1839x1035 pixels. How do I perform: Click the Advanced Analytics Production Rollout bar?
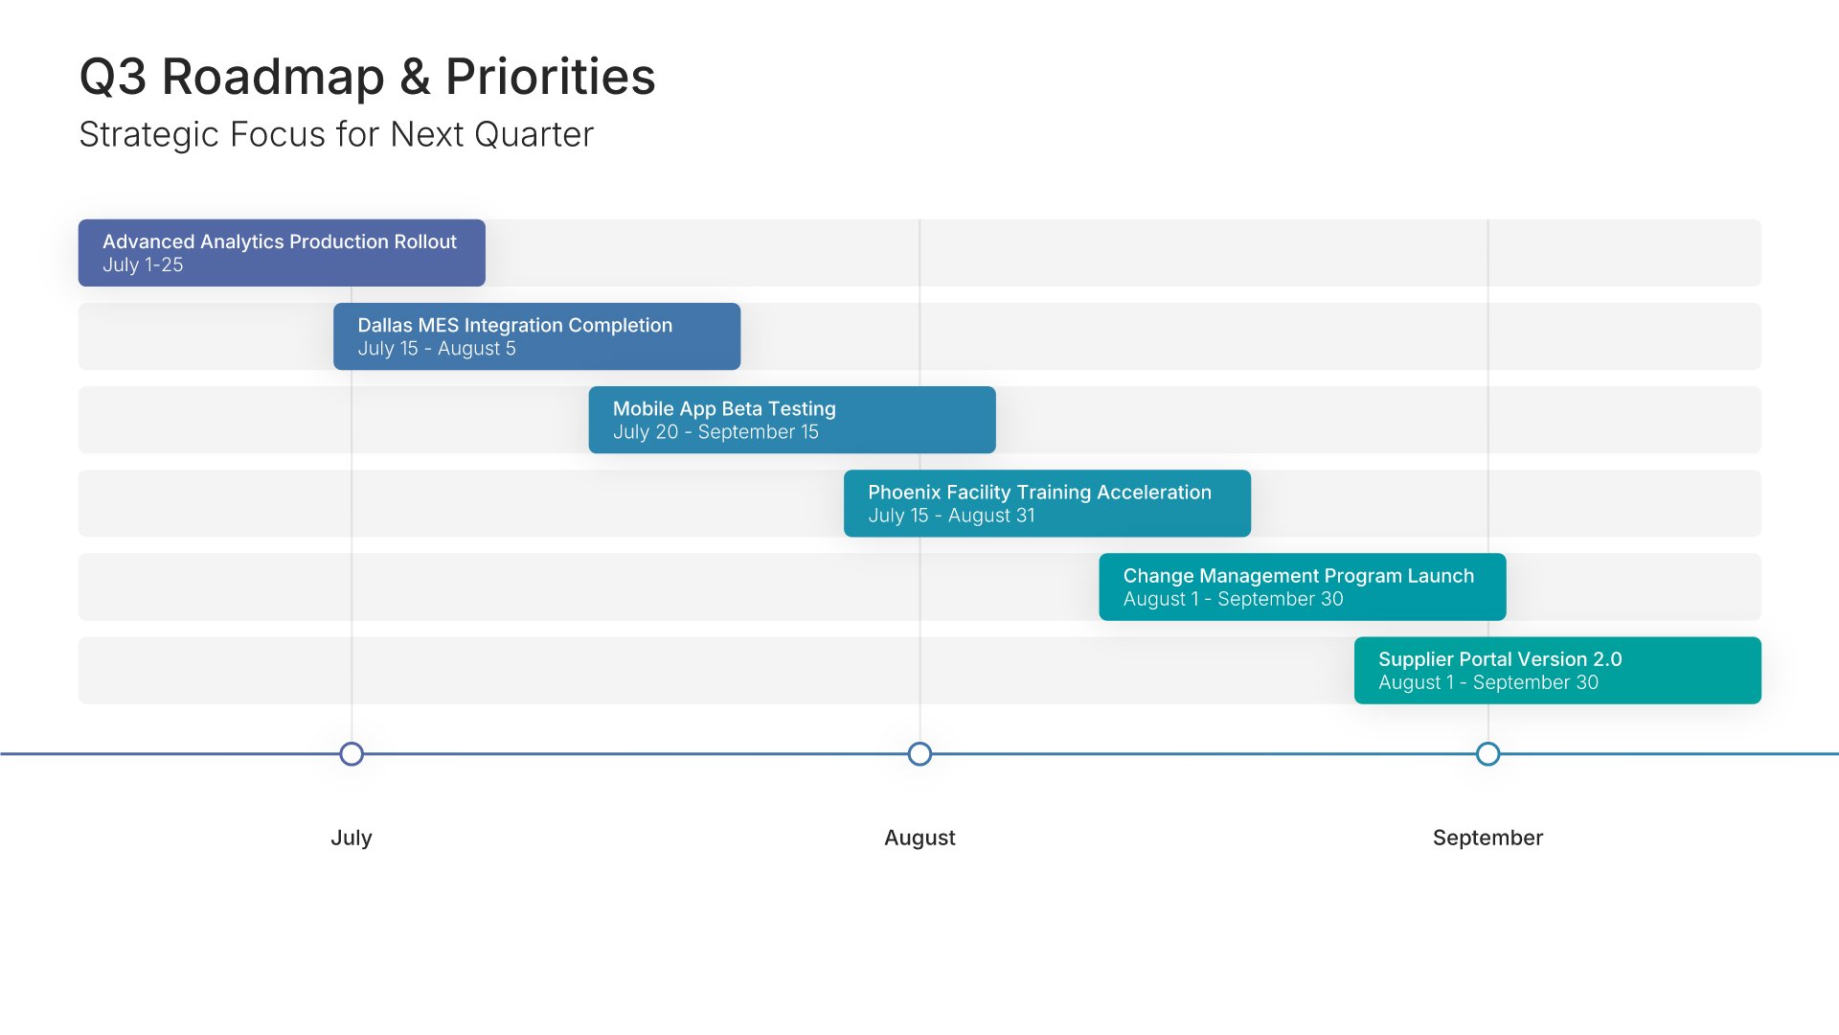[x=282, y=253]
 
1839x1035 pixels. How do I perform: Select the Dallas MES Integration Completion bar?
[x=536, y=336]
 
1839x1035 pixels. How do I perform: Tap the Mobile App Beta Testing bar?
[x=792, y=420]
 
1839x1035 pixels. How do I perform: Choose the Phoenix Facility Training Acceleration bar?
[x=1047, y=503]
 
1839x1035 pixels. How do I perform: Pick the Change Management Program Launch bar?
[x=1303, y=586]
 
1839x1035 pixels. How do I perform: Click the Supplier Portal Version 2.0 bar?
[x=1557, y=670]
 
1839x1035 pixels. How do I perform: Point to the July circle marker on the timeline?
[x=352, y=754]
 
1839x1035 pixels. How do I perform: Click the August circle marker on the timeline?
[x=919, y=754]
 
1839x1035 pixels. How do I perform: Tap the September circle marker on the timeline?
[x=1487, y=754]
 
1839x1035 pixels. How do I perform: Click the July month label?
[x=352, y=838]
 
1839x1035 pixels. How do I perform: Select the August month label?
[x=919, y=838]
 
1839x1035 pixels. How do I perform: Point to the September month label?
[x=1487, y=838]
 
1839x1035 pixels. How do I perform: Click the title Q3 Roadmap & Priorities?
[x=367, y=77]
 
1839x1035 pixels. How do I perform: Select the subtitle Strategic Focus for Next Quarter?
[x=336, y=135]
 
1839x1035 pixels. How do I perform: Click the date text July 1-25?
[x=143, y=265]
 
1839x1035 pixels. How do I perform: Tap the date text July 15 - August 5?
[x=437, y=349]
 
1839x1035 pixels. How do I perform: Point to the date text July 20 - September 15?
[x=715, y=432]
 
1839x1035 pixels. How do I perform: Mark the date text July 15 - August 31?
[x=951, y=516]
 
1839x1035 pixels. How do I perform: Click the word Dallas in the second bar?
[x=385, y=326]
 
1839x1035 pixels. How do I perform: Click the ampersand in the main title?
[x=415, y=77]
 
